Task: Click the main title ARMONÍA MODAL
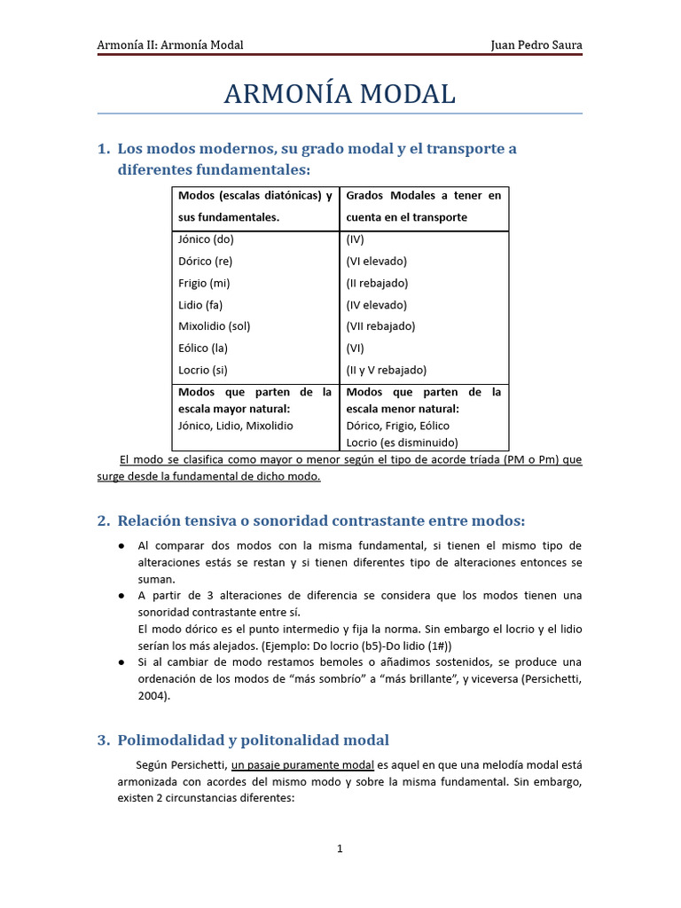coord(340,94)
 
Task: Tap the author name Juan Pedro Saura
coord(536,45)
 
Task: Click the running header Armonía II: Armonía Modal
coord(170,45)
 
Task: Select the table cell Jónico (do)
coord(206,239)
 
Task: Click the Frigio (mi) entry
coord(204,283)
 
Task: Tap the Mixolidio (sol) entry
coord(215,326)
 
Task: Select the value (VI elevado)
coord(376,262)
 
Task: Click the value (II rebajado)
coord(377,283)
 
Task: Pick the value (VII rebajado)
coord(380,326)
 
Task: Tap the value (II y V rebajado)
coord(387,370)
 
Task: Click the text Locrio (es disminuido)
coord(401,442)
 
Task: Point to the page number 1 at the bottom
coord(340,849)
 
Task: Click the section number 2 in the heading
coord(102,521)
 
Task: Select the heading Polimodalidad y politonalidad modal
coord(254,740)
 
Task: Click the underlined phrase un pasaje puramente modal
coord(302,764)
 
